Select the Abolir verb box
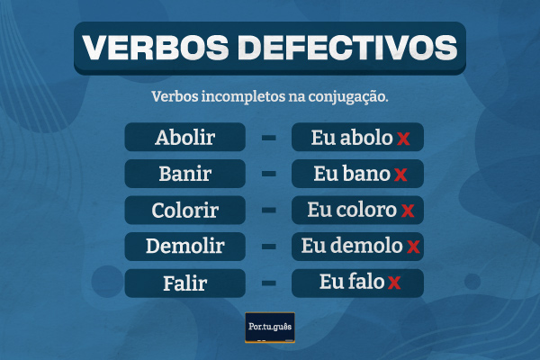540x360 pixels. (x=185, y=138)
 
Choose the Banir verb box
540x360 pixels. (x=185, y=174)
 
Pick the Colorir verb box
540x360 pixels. (x=185, y=210)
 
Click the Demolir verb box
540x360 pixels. (x=185, y=246)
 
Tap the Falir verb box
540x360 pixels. (x=185, y=283)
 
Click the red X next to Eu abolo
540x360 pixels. (x=403, y=139)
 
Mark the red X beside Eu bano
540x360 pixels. (x=400, y=175)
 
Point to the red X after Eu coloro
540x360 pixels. (x=407, y=211)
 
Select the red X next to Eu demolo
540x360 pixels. (x=413, y=247)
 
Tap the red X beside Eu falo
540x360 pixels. (x=393, y=284)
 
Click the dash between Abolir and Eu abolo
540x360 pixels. (x=268, y=138)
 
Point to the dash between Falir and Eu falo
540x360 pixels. (x=268, y=283)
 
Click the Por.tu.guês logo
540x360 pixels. (x=270, y=326)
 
